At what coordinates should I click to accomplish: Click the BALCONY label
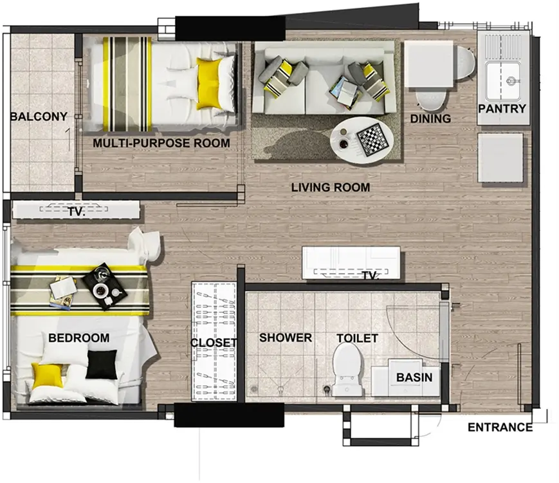(x=39, y=117)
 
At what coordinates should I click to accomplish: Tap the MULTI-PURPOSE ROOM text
(x=161, y=143)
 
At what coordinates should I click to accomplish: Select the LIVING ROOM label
(x=331, y=187)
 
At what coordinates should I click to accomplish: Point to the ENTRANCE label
(x=500, y=428)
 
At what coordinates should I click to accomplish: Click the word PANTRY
(x=502, y=109)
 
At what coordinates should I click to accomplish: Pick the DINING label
(x=430, y=118)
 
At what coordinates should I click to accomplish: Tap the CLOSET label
(x=214, y=343)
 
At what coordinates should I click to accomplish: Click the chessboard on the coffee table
(x=373, y=139)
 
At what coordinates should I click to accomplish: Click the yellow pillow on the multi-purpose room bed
(x=208, y=84)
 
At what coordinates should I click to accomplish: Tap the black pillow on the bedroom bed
(x=102, y=364)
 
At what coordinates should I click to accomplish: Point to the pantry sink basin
(x=502, y=81)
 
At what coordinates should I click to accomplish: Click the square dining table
(x=429, y=64)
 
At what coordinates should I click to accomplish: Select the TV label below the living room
(x=371, y=276)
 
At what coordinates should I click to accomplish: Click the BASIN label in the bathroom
(x=414, y=377)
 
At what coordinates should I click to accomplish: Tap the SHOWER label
(x=286, y=337)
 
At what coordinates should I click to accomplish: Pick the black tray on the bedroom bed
(x=105, y=287)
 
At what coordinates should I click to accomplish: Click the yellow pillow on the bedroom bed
(x=48, y=377)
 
